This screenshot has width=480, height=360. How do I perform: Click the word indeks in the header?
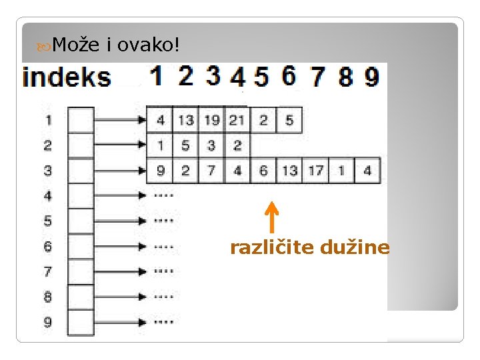click(x=67, y=77)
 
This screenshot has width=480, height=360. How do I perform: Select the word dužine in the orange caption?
click(x=355, y=248)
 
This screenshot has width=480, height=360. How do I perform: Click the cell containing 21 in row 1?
click(x=237, y=120)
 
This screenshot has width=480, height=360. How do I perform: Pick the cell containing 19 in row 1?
click(x=211, y=120)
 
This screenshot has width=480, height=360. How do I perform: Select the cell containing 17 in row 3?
click(x=315, y=171)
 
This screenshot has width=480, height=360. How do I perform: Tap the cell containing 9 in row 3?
click(x=160, y=171)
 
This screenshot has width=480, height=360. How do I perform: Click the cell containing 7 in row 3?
click(x=211, y=171)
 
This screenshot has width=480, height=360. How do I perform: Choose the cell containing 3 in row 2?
click(x=211, y=145)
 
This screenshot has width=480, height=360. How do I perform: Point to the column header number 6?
click(x=289, y=76)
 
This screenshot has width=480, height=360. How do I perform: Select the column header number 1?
click(x=156, y=76)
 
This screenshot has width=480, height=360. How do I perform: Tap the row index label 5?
click(x=47, y=221)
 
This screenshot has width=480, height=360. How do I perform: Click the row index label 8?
click(x=47, y=297)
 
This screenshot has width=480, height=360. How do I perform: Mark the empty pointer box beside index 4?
click(x=81, y=196)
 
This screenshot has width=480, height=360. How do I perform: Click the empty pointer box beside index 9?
click(x=81, y=322)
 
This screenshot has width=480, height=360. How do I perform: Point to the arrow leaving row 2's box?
click(x=120, y=145)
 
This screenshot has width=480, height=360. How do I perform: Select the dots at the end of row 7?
click(x=163, y=271)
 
